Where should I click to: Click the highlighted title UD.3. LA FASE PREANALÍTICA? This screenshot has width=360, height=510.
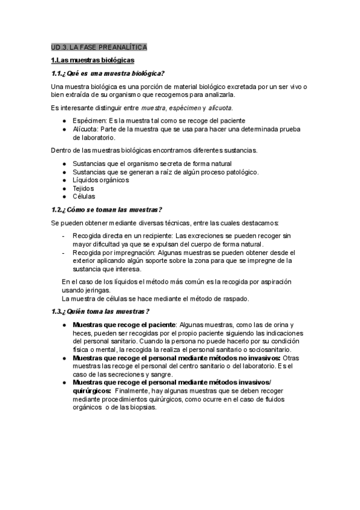(x=99, y=47)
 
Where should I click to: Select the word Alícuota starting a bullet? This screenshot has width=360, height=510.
(x=86, y=129)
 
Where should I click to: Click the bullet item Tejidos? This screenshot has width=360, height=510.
(x=84, y=188)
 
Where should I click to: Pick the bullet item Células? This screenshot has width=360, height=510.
(x=84, y=197)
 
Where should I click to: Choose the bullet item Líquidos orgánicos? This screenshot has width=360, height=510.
(x=100, y=180)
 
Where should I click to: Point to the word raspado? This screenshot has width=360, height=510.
(x=235, y=298)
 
